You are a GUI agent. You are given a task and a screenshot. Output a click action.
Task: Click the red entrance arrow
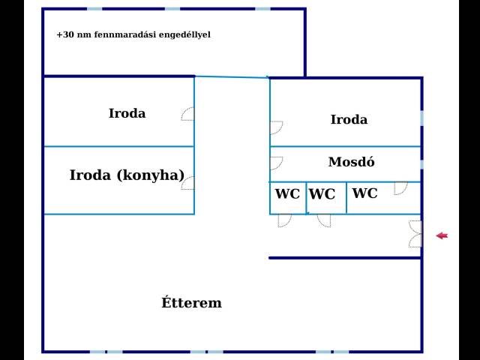pyautogui.click(x=442, y=235)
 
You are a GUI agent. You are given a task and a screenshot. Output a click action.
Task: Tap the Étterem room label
pyautogui.click(x=192, y=302)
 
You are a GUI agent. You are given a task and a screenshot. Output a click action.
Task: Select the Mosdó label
pyautogui.click(x=352, y=162)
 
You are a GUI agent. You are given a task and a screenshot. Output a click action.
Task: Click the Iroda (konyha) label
pyautogui.click(x=127, y=175)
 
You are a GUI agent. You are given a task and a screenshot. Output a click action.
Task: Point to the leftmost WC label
pyautogui.click(x=287, y=193)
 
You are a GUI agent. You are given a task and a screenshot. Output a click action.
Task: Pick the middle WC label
pyautogui.click(x=322, y=194)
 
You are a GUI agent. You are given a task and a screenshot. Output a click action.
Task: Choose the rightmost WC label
pyautogui.click(x=365, y=193)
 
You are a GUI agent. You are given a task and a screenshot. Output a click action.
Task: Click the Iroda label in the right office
pyautogui.click(x=349, y=119)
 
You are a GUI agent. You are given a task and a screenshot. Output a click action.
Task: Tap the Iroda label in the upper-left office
pyautogui.click(x=127, y=113)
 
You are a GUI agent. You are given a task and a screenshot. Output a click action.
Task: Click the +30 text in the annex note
pyautogui.click(x=65, y=34)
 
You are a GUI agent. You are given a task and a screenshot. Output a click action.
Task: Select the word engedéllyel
pyautogui.click(x=185, y=34)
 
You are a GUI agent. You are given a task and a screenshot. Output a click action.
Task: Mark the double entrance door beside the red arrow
pyautogui.click(x=415, y=234)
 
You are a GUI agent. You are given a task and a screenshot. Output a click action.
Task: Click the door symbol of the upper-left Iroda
pyautogui.click(x=187, y=114)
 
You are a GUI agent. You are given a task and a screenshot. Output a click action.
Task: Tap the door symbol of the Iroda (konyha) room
pyautogui.click(x=187, y=183)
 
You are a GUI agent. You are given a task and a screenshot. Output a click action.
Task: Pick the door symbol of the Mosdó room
pyautogui.click(x=277, y=163)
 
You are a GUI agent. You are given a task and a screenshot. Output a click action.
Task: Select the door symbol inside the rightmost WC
pyautogui.click(x=401, y=188)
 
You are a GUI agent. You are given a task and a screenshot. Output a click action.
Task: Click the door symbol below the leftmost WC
pyautogui.click(x=285, y=220)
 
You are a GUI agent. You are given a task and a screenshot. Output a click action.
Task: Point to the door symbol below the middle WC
pyautogui.click(x=324, y=220)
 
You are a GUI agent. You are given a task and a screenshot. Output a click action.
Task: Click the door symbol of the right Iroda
pyautogui.click(x=277, y=127)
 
